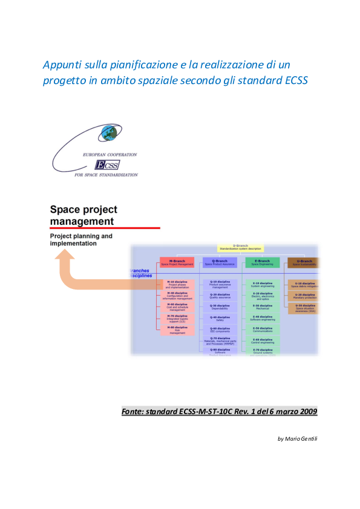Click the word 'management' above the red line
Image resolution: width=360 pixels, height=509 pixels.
pyautogui.click(x=81, y=221)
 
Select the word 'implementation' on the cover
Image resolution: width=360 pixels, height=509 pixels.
pyautogui.click(x=73, y=243)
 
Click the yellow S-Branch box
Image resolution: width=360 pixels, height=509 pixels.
pyautogui.click(x=240, y=247)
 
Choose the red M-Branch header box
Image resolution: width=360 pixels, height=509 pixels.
pyautogui.click(x=177, y=262)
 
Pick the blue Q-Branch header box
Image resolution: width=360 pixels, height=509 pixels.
pyautogui.click(x=220, y=262)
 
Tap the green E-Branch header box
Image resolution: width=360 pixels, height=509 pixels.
pyautogui.click(x=263, y=262)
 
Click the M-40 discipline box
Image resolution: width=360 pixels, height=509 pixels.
pyautogui.click(x=177, y=296)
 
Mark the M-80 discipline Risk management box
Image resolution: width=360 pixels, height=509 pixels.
pyautogui.click(x=177, y=330)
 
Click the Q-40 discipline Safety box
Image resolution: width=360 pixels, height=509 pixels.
pyautogui.click(x=220, y=319)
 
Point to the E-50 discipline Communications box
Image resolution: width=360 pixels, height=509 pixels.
pyautogui.click(x=263, y=330)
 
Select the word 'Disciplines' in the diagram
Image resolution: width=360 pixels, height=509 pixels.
pyautogui.click(x=140, y=276)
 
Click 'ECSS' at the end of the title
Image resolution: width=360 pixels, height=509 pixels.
pyautogui.click(x=296, y=82)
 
